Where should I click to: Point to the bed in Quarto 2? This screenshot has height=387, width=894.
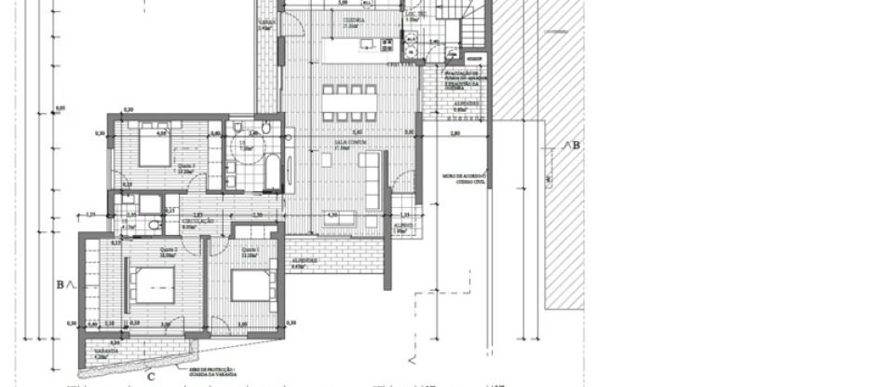(x=148, y=281)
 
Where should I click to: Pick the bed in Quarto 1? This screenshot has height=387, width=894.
(x=249, y=284)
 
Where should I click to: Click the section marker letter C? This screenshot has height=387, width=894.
(x=150, y=376)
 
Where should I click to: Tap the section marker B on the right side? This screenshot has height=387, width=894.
(x=571, y=145)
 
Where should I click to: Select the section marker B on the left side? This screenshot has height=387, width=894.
(x=61, y=283)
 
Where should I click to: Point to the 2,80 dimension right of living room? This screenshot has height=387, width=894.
(x=454, y=134)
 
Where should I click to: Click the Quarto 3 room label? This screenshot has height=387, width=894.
(x=186, y=167)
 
